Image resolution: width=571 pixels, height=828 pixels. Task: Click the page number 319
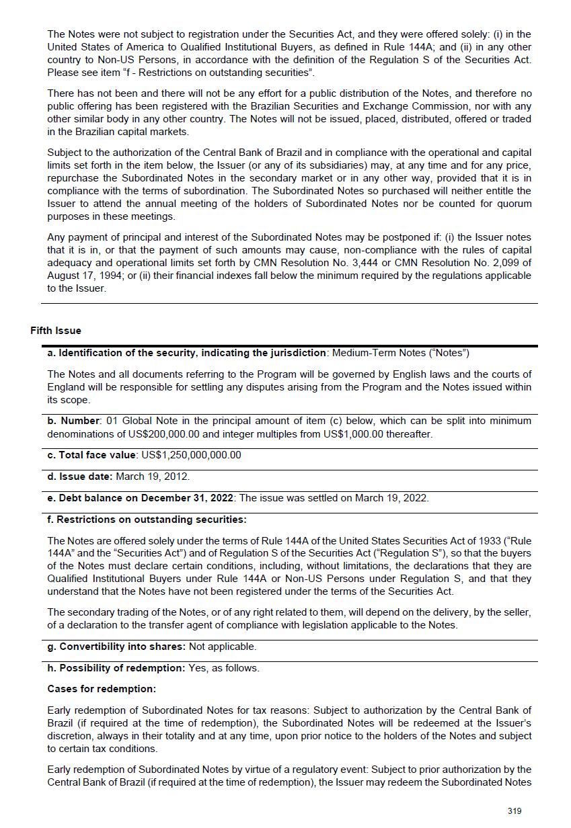point(515,811)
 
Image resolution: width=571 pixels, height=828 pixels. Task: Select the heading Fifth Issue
point(56,331)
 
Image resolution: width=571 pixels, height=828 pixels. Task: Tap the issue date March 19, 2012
point(153,477)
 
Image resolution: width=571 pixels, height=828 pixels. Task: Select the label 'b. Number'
point(73,421)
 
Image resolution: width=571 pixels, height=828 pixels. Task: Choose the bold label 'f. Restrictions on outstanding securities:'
point(147,520)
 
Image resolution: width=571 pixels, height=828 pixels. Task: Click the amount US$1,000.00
point(358,434)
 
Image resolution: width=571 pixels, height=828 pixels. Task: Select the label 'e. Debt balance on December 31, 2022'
point(140,498)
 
